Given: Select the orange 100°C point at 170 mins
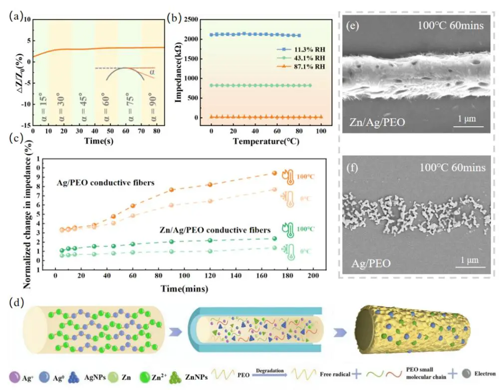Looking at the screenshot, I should pos(274,173).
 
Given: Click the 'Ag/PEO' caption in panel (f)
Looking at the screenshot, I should pos(369,261).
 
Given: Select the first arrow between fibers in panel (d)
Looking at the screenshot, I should pos(170,330).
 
